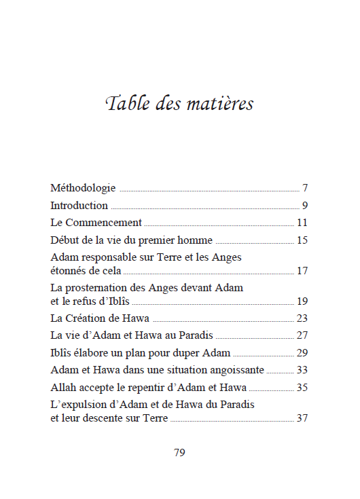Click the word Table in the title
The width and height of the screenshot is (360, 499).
point(126,104)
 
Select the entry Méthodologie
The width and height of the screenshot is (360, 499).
point(83,188)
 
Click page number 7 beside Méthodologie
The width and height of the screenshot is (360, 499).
point(306,188)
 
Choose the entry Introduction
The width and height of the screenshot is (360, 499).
point(79,206)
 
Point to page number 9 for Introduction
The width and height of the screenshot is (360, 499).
point(306,206)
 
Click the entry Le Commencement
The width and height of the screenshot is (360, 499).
point(96,223)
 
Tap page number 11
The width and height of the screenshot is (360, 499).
point(303,223)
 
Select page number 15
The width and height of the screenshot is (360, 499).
point(303,240)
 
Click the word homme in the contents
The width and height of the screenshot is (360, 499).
point(197,240)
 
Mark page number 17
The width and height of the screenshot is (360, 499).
point(303,271)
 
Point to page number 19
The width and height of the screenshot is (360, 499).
point(303,301)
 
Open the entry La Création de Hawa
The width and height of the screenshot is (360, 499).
point(100,318)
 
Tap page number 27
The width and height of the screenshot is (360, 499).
point(303,335)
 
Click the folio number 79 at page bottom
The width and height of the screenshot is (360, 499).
point(179,453)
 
